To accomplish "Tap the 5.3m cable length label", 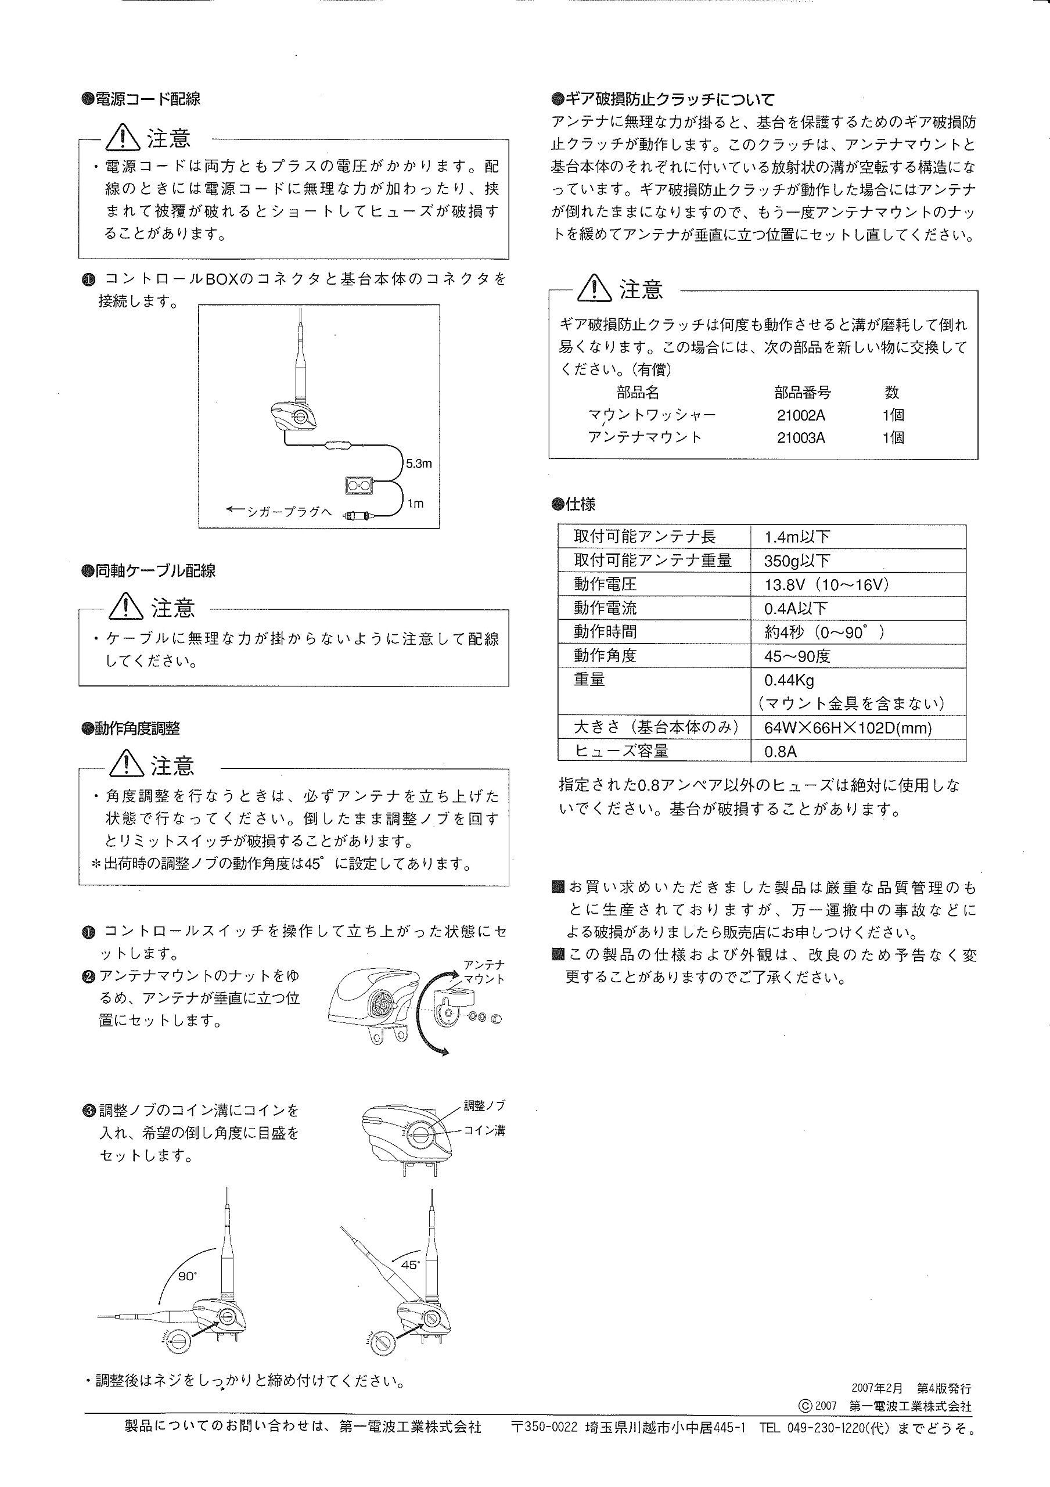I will pos(418,463).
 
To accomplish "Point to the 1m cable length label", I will pos(415,504).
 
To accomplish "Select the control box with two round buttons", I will pos(358,486).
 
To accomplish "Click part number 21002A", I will pos(801,415).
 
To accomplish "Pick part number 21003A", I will pos(801,438).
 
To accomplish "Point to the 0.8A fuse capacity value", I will pos(780,751).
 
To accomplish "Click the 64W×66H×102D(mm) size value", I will pos(847,727).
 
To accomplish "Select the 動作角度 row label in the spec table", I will pos(605,655).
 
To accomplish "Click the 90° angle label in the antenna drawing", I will pos(187,1276).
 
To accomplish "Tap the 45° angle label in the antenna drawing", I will pos(410,1265).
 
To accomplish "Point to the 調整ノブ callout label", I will pos(484,1105).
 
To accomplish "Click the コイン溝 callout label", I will pos(484,1130).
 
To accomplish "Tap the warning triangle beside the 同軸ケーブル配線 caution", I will pos(126,607).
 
